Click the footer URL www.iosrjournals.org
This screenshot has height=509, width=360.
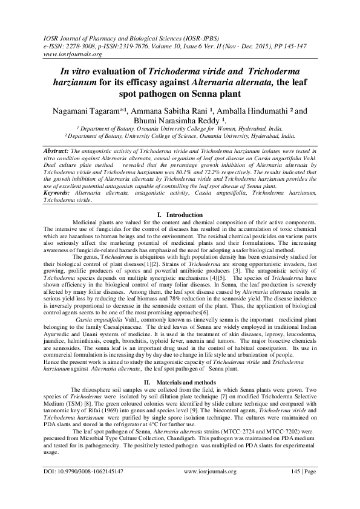click(x=209, y=487)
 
